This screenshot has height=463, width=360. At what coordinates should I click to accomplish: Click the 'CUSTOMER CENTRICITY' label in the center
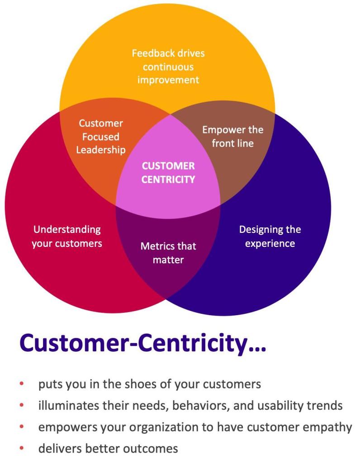pos(168,173)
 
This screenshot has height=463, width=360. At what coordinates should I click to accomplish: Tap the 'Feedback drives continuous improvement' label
pos(168,67)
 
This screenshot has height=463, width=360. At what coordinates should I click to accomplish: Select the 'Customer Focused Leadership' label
pos(101,137)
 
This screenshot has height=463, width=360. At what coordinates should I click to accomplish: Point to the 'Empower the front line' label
pos(232,137)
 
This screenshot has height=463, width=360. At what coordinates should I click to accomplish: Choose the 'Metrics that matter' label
pos(168,253)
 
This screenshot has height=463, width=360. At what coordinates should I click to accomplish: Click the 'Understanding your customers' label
pos(67,236)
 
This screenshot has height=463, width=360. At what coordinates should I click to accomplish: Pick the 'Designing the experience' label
pos(270,236)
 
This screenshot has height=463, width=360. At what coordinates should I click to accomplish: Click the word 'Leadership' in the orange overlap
pos(101,150)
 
